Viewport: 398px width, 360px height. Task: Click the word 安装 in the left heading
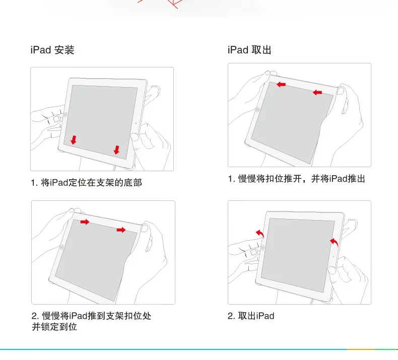tap(64, 50)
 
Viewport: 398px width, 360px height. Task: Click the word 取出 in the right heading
tap(261, 50)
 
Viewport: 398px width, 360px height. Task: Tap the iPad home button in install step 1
tap(65, 115)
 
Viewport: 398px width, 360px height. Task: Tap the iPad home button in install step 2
tap(61, 247)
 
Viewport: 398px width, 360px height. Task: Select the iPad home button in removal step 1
tap(258, 110)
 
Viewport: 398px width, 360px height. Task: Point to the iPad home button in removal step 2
tap(263, 247)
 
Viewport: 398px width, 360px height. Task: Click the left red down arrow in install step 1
tap(74, 140)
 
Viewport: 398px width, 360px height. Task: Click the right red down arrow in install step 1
tap(116, 150)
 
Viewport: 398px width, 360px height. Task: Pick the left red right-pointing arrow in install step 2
tap(85, 222)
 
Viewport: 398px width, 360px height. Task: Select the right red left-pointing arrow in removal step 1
tap(317, 93)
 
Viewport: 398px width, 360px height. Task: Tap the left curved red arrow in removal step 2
tap(260, 233)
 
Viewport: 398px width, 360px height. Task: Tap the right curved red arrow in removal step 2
tap(335, 242)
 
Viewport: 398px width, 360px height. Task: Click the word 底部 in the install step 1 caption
tap(133, 183)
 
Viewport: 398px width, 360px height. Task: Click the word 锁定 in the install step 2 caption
tap(50, 326)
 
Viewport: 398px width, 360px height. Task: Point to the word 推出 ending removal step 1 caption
tap(356, 179)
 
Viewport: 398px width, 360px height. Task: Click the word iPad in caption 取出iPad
tap(265, 316)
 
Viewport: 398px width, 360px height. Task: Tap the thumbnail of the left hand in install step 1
tap(56, 119)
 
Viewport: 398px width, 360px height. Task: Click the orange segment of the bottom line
tap(361, 349)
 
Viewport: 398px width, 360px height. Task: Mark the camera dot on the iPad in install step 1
tap(136, 123)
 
